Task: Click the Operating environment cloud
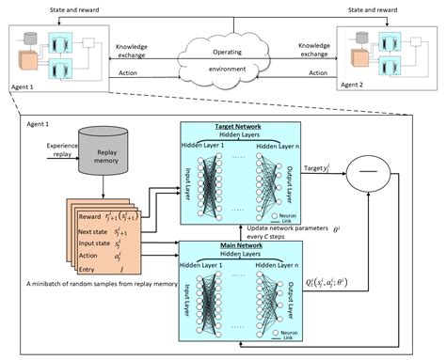tap(223, 58)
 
